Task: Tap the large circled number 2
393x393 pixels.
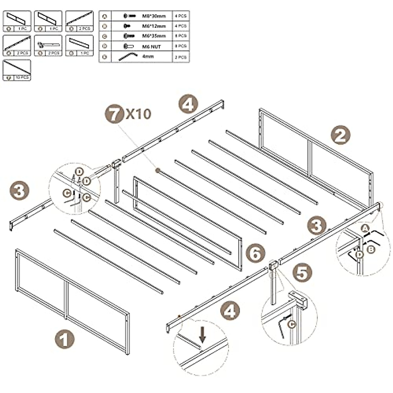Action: point(341,135)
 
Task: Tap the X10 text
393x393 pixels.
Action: point(138,114)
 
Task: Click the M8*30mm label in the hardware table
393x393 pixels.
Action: point(154,16)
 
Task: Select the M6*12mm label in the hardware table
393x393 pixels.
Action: point(154,26)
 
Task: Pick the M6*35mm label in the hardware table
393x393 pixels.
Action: point(154,36)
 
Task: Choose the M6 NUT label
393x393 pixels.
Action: point(152,47)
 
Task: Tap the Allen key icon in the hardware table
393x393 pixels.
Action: point(125,57)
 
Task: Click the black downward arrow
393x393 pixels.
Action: point(203,336)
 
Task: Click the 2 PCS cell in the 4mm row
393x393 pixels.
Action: point(181,57)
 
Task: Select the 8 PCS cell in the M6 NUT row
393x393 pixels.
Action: point(181,46)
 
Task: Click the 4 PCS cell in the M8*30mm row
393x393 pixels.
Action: point(181,15)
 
